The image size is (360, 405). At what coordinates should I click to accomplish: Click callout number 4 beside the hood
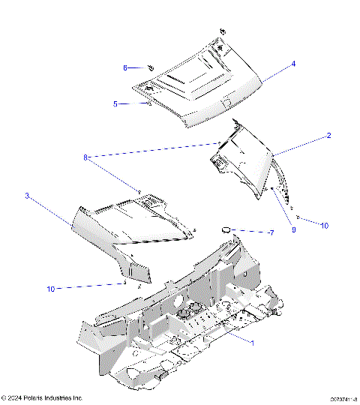click(293, 64)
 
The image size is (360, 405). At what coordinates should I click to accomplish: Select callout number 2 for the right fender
click(328, 136)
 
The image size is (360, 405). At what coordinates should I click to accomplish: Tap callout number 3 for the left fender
click(27, 196)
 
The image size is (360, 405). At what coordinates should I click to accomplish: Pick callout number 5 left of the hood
click(115, 104)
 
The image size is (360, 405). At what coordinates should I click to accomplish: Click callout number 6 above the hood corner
click(125, 67)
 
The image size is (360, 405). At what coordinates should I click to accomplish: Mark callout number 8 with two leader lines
click(86, 157)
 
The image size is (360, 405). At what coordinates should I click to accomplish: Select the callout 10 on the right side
click(324, 224)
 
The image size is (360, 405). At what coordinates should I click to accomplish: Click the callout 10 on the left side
click(51, 288)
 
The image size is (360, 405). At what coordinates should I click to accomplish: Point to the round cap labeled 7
click(224, 228)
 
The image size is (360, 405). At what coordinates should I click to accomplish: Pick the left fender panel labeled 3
click(127, 225)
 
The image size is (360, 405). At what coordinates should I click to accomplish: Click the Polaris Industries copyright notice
click(42, 397)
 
